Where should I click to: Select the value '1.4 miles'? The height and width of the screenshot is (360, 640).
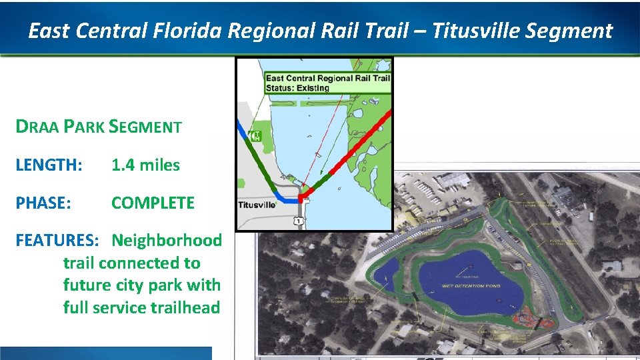[145, 165]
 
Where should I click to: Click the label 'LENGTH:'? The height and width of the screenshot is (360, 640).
[49, 165]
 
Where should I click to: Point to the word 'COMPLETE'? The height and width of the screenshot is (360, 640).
[153, 203]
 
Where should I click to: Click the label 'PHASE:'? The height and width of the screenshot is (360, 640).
[43, 203]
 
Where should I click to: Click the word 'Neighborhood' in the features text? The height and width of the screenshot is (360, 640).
[166, 240]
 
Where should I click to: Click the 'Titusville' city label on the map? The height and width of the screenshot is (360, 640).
[257, 205]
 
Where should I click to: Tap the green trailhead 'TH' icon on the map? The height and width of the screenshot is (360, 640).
[257, 136]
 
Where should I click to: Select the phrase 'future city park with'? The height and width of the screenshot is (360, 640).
[141, 285]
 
